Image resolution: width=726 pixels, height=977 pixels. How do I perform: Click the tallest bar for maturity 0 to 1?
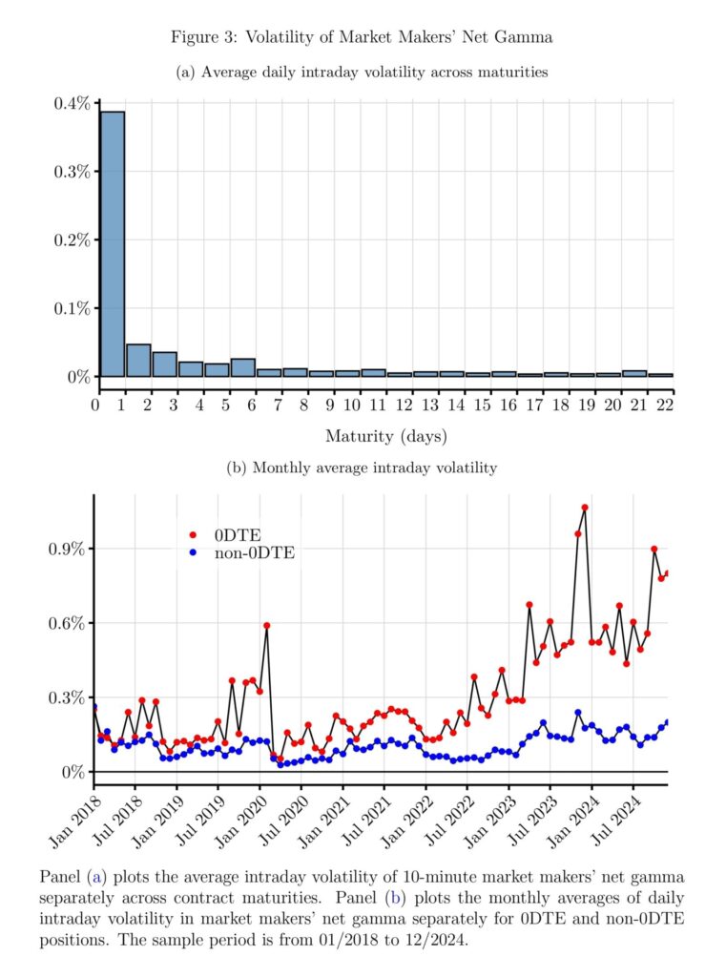(112, 244)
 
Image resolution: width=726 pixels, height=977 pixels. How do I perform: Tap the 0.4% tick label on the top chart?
(72, 103)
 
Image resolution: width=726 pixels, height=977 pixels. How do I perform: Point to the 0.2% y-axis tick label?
(72, 240)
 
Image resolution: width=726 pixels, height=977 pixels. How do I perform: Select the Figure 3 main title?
(362, 37)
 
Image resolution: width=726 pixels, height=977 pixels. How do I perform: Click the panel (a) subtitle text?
(363, 73)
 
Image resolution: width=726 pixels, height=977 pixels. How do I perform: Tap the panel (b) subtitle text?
(363, 468)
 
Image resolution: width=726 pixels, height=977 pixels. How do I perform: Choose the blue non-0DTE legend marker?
(195, 552)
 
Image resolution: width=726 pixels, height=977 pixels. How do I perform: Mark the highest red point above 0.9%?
(585, 508)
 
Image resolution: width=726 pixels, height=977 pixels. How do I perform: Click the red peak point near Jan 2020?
(266, 626)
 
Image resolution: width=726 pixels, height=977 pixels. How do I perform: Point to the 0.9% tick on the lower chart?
(65, 550)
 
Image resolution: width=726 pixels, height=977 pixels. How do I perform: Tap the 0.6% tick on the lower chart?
(65, 624)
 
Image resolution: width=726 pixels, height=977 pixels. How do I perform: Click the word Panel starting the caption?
(60, 876)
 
